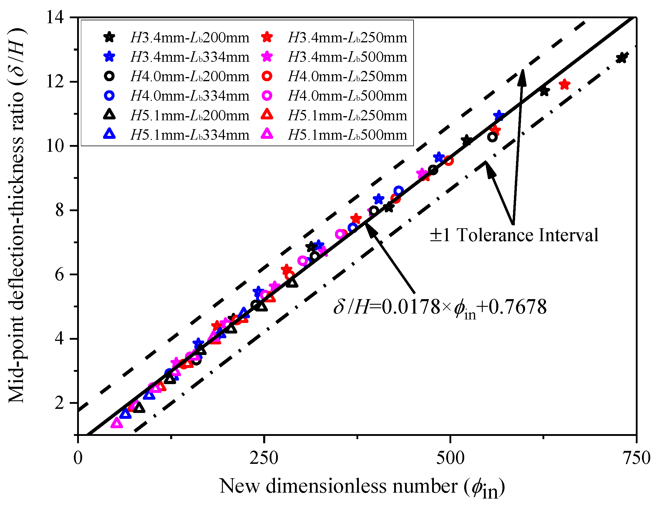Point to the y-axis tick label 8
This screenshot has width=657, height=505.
[x=60, y=210]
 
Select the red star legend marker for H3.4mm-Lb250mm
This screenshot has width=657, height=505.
[x=267, y=38]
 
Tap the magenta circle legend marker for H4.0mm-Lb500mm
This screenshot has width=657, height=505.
[x=267, y=96]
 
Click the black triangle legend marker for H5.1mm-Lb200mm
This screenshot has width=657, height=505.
[x=109, y=115]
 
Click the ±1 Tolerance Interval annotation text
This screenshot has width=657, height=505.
[x=514, y=235]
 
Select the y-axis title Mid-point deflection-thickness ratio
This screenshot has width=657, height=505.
[x=16, y=215]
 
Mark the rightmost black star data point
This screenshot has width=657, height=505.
[x=621, y=58]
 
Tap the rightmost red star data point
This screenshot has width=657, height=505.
[x=565, y=85]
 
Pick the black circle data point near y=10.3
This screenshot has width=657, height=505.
[x=492, y=137]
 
